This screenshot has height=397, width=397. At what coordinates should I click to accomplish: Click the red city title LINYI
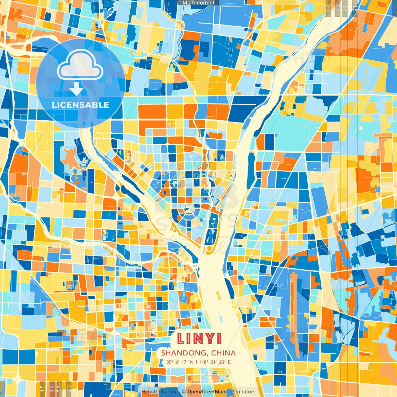(x=199, y=339)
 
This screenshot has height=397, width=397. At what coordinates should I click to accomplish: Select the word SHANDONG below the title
(x=184, y=353)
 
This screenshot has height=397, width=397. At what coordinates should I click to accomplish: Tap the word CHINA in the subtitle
(x=223, y=353)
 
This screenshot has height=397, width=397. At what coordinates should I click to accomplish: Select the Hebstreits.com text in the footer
(x=160, y=392)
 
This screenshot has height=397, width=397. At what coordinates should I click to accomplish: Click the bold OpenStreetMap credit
(x=206, y=392)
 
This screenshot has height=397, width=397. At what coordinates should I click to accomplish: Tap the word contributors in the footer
(x=241, y=392)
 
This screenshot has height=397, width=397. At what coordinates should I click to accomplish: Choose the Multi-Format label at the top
(x=198, y=3)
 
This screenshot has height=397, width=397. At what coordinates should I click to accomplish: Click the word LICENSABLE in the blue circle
(x=81, y=105)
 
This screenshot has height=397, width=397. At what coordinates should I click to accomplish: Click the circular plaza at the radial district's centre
(x=188, y=209)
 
